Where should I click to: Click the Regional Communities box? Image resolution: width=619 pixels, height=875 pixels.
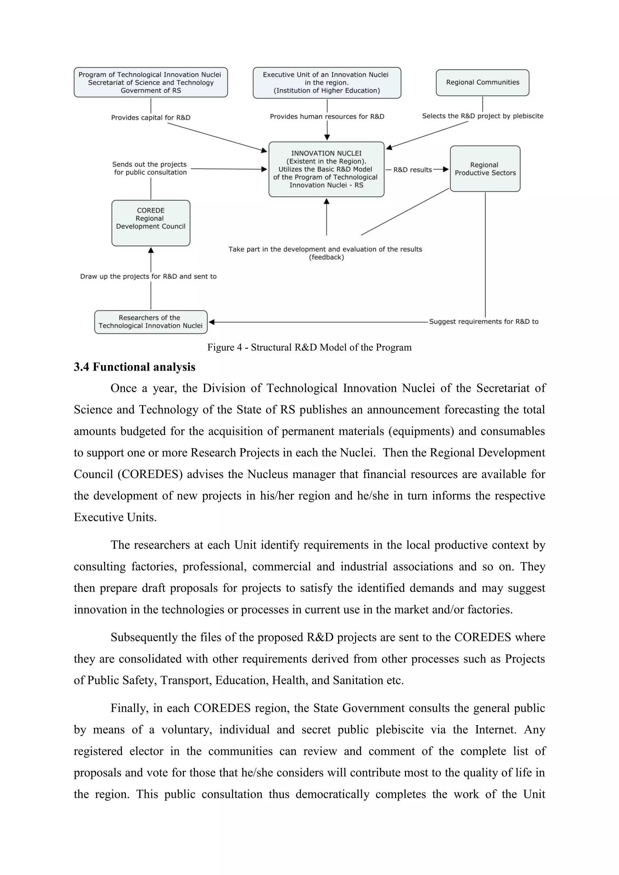(482, 82)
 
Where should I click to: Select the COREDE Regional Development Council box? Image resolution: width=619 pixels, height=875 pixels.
(151, 223)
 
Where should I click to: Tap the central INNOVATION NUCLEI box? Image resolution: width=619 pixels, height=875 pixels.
(326, 169)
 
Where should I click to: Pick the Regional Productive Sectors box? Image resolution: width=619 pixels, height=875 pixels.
(485, 169)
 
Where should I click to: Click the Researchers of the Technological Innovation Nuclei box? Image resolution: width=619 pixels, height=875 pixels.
(151, 322)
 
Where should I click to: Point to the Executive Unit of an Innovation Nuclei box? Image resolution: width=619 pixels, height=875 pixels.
(326, 83)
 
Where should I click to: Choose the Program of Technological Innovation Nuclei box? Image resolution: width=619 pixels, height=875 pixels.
(151, 82)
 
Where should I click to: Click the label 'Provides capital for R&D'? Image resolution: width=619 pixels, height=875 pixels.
(151, 117)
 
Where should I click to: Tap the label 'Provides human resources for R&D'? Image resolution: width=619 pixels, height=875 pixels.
(327, 116)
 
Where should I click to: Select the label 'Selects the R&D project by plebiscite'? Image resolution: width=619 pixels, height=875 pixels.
(482, 116)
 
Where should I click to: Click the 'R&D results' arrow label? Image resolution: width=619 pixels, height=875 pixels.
(412, 169)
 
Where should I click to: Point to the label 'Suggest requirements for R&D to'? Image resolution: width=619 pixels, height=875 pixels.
(484, 321)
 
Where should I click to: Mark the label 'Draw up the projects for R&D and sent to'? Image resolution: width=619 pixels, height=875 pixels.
(148, 276)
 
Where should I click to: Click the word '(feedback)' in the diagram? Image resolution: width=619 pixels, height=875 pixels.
(326, 257)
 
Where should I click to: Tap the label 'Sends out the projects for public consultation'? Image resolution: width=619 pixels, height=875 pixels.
(150, 168)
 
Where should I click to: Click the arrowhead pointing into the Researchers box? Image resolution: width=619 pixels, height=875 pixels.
(212, 322)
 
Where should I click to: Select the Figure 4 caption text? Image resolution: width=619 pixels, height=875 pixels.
(309, 347)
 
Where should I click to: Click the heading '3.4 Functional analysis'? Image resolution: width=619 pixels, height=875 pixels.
(134, 367)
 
